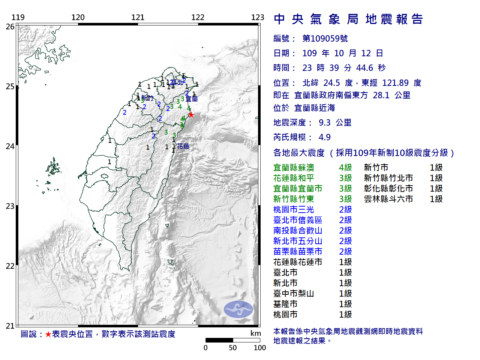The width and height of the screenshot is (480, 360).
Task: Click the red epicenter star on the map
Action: tap(191, 115)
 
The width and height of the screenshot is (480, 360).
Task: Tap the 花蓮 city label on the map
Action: tap(183, 146)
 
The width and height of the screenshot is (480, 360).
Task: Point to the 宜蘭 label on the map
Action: tap(192, 99)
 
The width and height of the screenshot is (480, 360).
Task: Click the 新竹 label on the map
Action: tap(147, 98)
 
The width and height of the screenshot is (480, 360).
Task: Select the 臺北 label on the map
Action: tap(177, 82)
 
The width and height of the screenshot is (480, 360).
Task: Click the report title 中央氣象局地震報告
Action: tap(348, 19)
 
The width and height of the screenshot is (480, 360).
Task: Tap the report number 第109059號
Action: tap(325, 39)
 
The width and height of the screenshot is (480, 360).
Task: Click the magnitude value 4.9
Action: tap(325, 137)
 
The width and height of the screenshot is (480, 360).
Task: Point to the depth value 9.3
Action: tap(325, 123)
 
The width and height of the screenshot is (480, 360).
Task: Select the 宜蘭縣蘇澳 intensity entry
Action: tap(294, 168)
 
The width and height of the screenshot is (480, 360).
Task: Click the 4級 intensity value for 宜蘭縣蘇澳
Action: tap(345, 168)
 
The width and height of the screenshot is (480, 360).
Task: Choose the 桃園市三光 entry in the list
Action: tap(294, 210)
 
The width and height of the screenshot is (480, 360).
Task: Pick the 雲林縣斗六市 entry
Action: tap(388, 199)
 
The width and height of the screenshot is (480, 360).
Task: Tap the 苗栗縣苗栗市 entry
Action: tap(298, 252)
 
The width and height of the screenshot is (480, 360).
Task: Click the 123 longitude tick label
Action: tap(258, 17)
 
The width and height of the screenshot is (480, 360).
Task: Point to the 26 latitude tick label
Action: tap(10, 27)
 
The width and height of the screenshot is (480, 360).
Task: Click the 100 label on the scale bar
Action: tap(260, 348)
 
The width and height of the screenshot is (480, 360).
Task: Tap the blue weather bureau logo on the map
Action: tap(238, 309)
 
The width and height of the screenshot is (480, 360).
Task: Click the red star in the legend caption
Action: tap(48, 334)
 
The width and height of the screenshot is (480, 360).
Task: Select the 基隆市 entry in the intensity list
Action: tap(285, 304)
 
